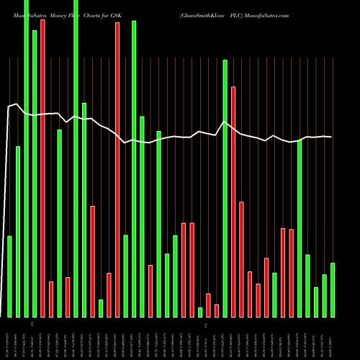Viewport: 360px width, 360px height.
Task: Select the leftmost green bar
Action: click(x=9, y=276)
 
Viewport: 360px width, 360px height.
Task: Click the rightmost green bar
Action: click(x=333, y=289)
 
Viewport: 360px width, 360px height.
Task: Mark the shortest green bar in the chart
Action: click(x=200, y=312)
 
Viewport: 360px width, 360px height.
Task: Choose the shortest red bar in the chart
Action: click(x=217, y=310)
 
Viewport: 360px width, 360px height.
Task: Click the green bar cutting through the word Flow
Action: click(x=76, y=158)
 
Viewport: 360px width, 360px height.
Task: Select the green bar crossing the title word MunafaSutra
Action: click(x=26, y=158)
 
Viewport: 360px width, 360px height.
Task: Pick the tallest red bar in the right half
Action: click(x=233, y=202)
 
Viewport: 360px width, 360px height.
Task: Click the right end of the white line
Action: click(x=332, y=137)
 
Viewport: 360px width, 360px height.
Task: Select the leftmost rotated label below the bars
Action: click(x=9, y=338)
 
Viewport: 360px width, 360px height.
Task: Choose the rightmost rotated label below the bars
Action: click(x=333, y=338)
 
